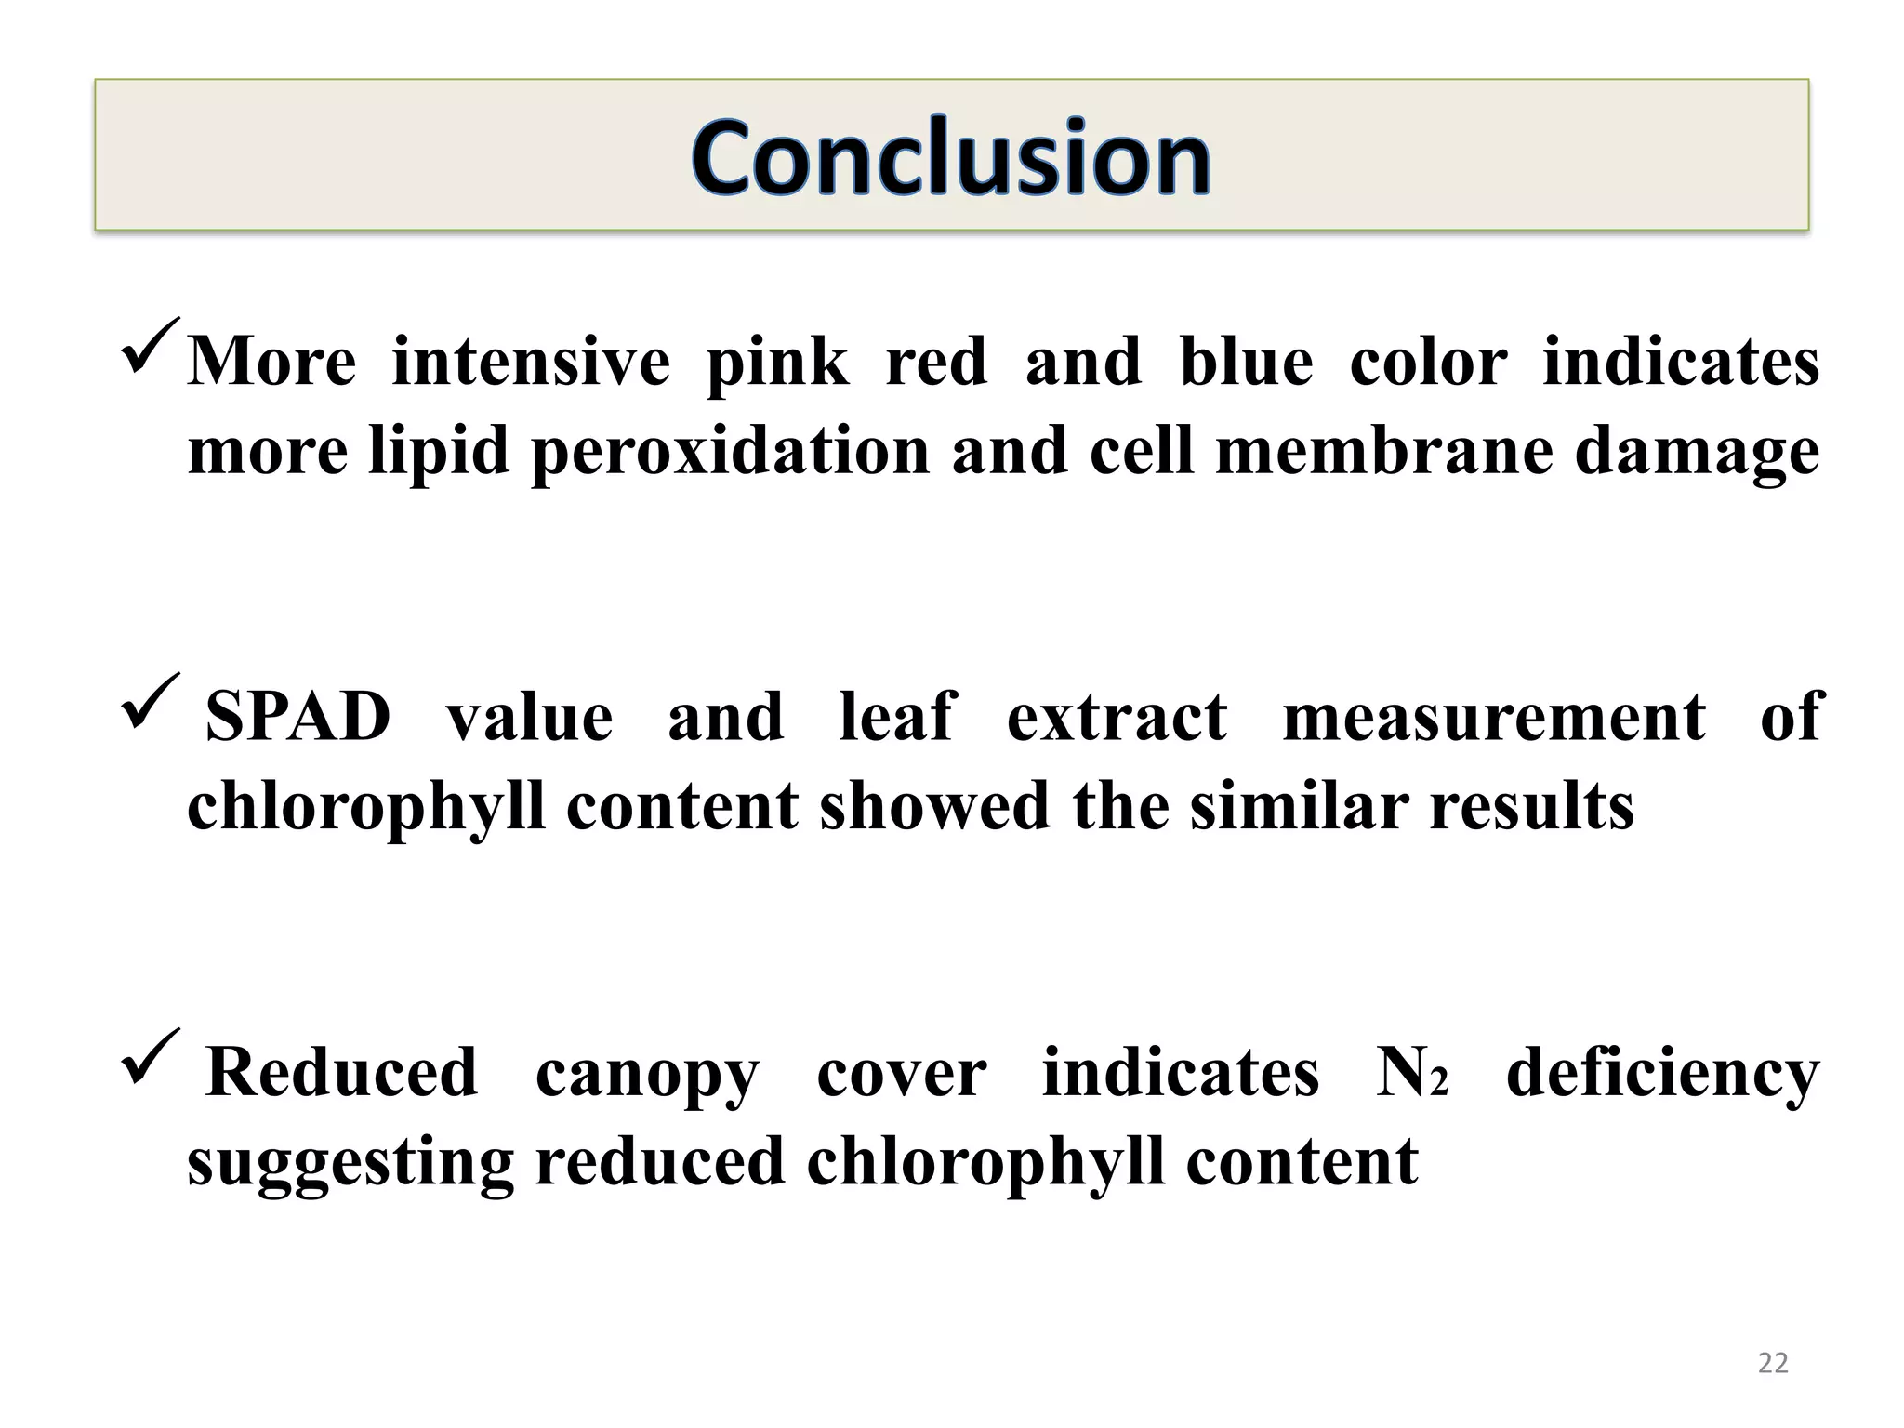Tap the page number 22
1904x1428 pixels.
tap(1773, 1363)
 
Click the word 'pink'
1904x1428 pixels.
tap(777, 363)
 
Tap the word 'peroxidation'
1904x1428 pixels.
tap(731, 452)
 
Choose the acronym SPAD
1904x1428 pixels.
tap(297, 717)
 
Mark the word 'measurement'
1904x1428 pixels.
tap(1494, 717)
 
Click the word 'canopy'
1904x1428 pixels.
tap(647, 1075)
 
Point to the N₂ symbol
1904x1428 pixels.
tap(1411, 1073)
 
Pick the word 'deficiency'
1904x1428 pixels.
tap(1662, 1075)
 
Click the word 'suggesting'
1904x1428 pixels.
tap(350, 1164)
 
